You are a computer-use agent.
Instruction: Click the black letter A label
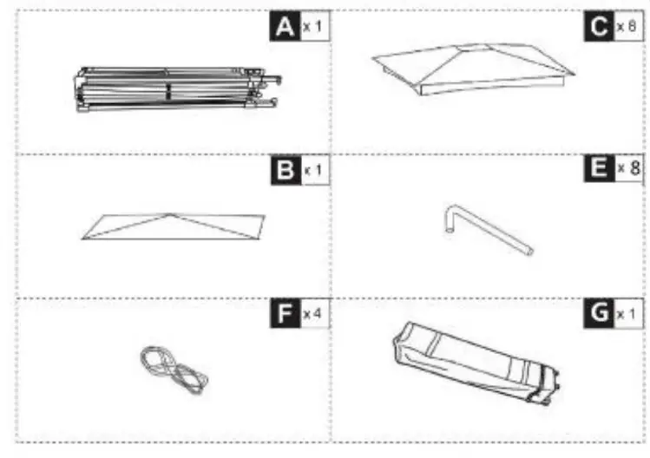[283, 28]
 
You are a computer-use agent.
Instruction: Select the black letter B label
[283, 169]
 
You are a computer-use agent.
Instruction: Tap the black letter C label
[598, 28]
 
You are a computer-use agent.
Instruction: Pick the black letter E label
[598, 169]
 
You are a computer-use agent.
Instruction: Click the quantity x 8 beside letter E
[627, 169]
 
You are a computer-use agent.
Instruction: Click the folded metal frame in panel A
[174, 90]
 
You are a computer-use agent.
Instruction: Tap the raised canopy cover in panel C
[473, 67]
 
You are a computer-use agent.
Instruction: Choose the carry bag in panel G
[474, 362]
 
